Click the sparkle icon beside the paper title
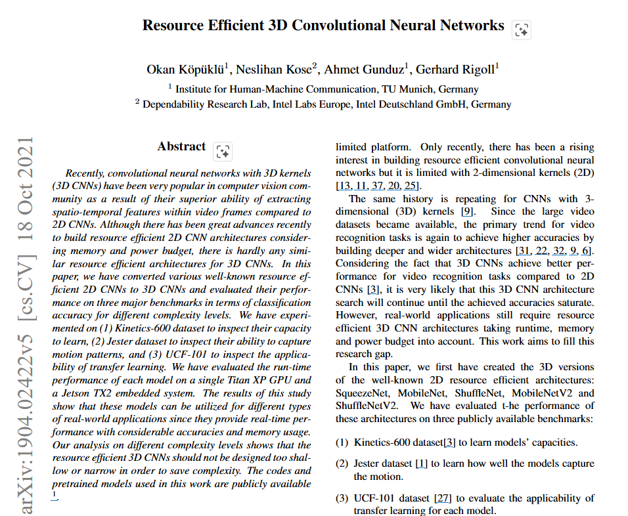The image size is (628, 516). [522, 30]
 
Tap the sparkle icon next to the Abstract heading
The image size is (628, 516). [223, 152]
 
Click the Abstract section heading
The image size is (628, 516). [181, 147]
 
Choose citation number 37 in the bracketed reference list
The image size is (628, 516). [380, 186]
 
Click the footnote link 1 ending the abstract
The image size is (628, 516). [54, 494]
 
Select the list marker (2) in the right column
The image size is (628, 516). [342, 463]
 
